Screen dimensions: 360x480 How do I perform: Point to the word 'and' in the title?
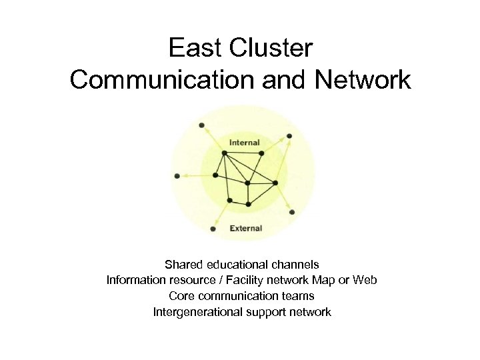coord(275,80)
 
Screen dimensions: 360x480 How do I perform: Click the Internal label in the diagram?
coord(245,142)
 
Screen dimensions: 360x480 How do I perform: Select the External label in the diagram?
coord(246,228)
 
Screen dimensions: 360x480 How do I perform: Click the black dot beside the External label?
coord(213,229)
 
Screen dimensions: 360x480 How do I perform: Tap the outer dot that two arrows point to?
coord(289,137)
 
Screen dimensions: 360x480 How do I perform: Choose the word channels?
coord(298,265)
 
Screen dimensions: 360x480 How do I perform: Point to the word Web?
coord(365,280)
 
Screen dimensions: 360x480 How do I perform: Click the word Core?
coord(181,295)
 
